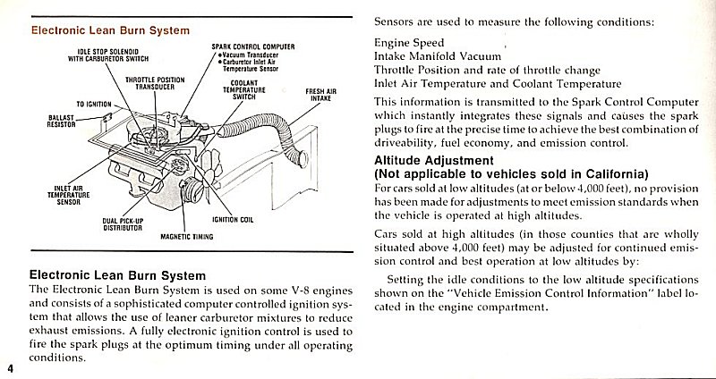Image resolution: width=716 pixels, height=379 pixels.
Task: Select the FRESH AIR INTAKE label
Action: pos(319,95)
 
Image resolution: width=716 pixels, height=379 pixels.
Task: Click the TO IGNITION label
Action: pos(93,105)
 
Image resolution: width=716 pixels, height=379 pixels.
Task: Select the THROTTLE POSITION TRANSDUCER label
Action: pos(160,83)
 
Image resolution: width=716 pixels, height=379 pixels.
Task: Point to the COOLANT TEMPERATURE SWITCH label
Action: pos(245,90)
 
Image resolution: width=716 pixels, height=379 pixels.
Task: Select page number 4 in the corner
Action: pos(10,368)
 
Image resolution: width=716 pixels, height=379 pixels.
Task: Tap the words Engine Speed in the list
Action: pos(409,42)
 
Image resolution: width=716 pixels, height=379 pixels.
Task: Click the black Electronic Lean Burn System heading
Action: pos(118,275)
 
